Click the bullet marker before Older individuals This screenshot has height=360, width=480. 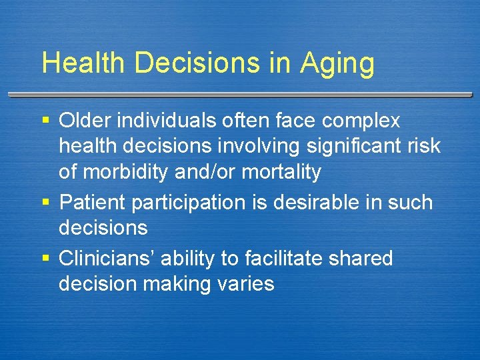pos(46,121)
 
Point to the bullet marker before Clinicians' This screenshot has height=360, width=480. pos(46,258)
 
